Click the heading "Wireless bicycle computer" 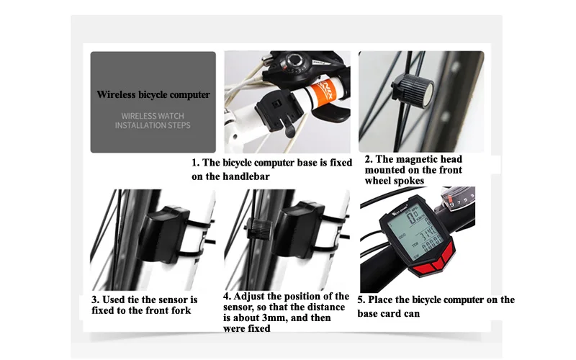tap(153, 95)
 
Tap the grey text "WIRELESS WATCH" tap(153, 116)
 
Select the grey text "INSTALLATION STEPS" tap(153, 125)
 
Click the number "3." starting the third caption tap(96, 300)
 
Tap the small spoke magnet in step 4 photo tap(259, 229)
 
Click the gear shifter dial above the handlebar tap(294, 60)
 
